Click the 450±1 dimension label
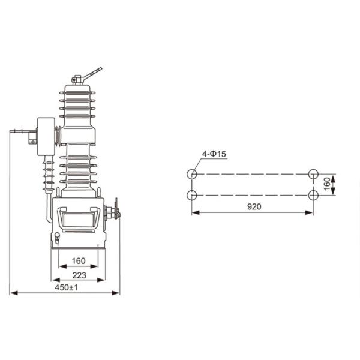click(66, 287)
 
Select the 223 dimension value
click(79, 275)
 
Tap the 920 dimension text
click(254, 206)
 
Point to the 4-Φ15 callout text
click(214, 154)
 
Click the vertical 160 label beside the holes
click(327, 184)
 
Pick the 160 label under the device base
click(79, 261)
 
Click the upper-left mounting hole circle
click(192, 174)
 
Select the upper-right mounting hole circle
click(313, 174)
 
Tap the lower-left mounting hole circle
click(192, 196)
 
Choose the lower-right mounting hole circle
click(313, 196)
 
